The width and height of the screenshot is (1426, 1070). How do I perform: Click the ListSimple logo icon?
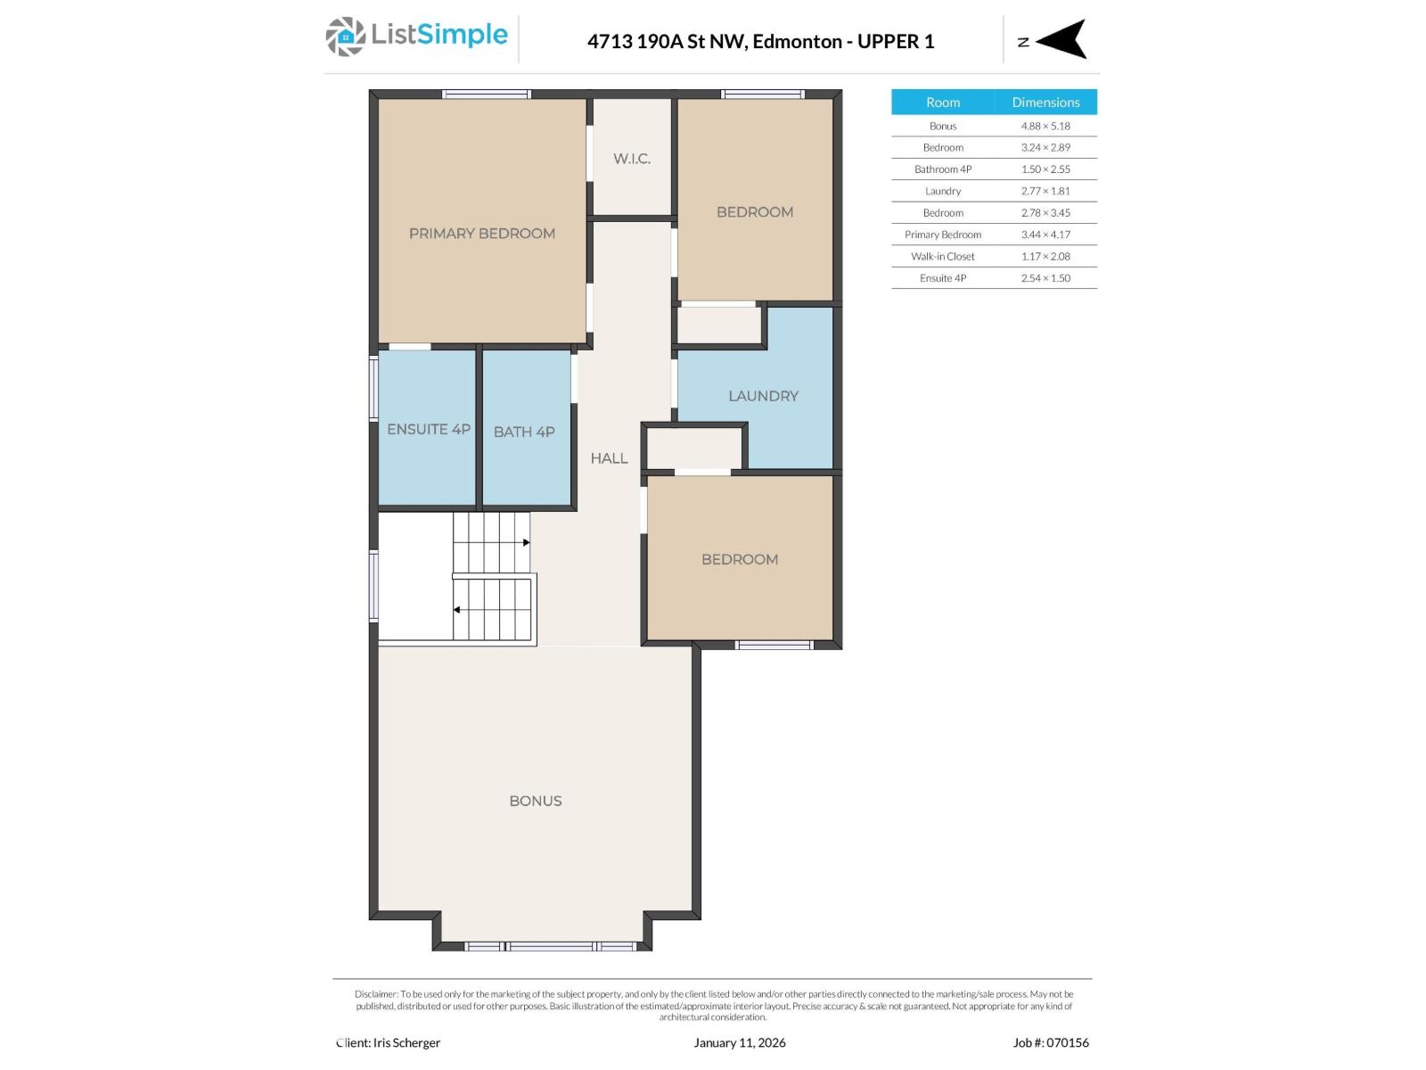coord(345,37)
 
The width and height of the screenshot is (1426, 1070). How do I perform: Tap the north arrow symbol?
coord(1060,39)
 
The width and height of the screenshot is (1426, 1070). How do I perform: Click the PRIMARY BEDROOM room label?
coord(482,234)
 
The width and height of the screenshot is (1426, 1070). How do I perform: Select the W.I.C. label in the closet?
coord(632,159)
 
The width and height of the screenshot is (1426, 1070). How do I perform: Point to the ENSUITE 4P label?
coord(429,429)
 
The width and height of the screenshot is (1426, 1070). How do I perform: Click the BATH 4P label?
coord(524,432)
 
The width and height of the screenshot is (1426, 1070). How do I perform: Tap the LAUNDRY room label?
coord(763,396)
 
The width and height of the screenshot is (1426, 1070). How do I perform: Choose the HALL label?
coord(609,458)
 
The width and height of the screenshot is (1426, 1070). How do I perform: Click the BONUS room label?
coord(536,801)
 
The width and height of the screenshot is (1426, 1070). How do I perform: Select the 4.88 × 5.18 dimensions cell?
coord(1045,126)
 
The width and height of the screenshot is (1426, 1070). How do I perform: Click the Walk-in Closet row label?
coord(943,256)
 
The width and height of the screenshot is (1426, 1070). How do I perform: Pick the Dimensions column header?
coord(1045,102)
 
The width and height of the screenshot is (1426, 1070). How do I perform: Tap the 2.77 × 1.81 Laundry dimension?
coord(1045,191)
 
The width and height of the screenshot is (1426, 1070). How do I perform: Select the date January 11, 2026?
coord(740,1042)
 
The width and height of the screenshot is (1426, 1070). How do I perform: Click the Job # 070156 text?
coord(1051,1042)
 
